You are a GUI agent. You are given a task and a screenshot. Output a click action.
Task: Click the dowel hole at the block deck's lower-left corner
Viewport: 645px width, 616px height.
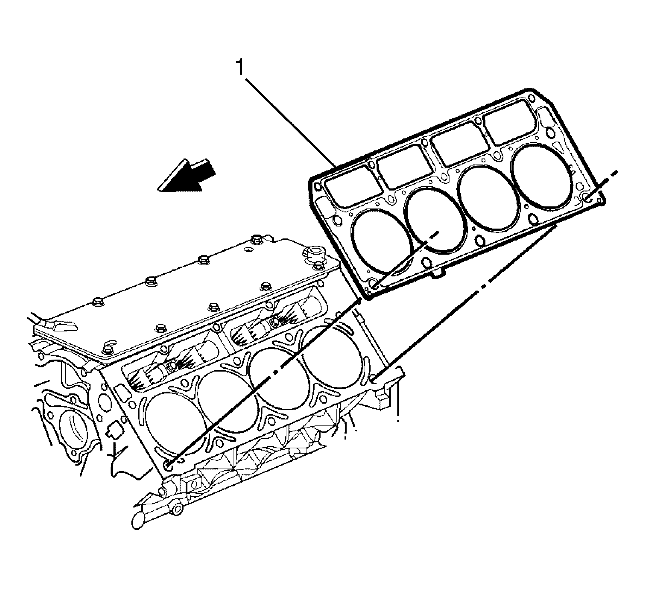click(x=168, y=466)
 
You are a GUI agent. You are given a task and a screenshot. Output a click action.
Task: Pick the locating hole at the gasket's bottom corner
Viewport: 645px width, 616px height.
click(x=376, y=284)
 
